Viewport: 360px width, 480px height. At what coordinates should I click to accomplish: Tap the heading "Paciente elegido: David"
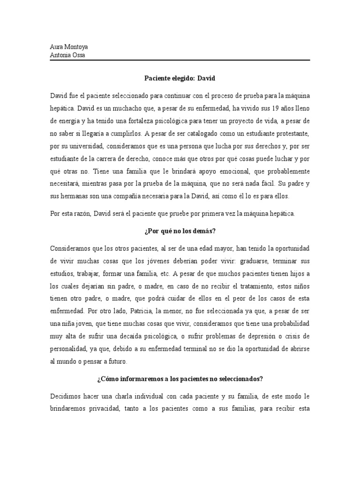(180, 78)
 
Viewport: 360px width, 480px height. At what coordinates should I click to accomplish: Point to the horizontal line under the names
(180, 60)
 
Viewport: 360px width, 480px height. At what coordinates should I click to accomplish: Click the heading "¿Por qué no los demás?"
(180, 231)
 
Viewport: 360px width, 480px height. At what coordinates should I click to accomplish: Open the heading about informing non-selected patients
(180, 379)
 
